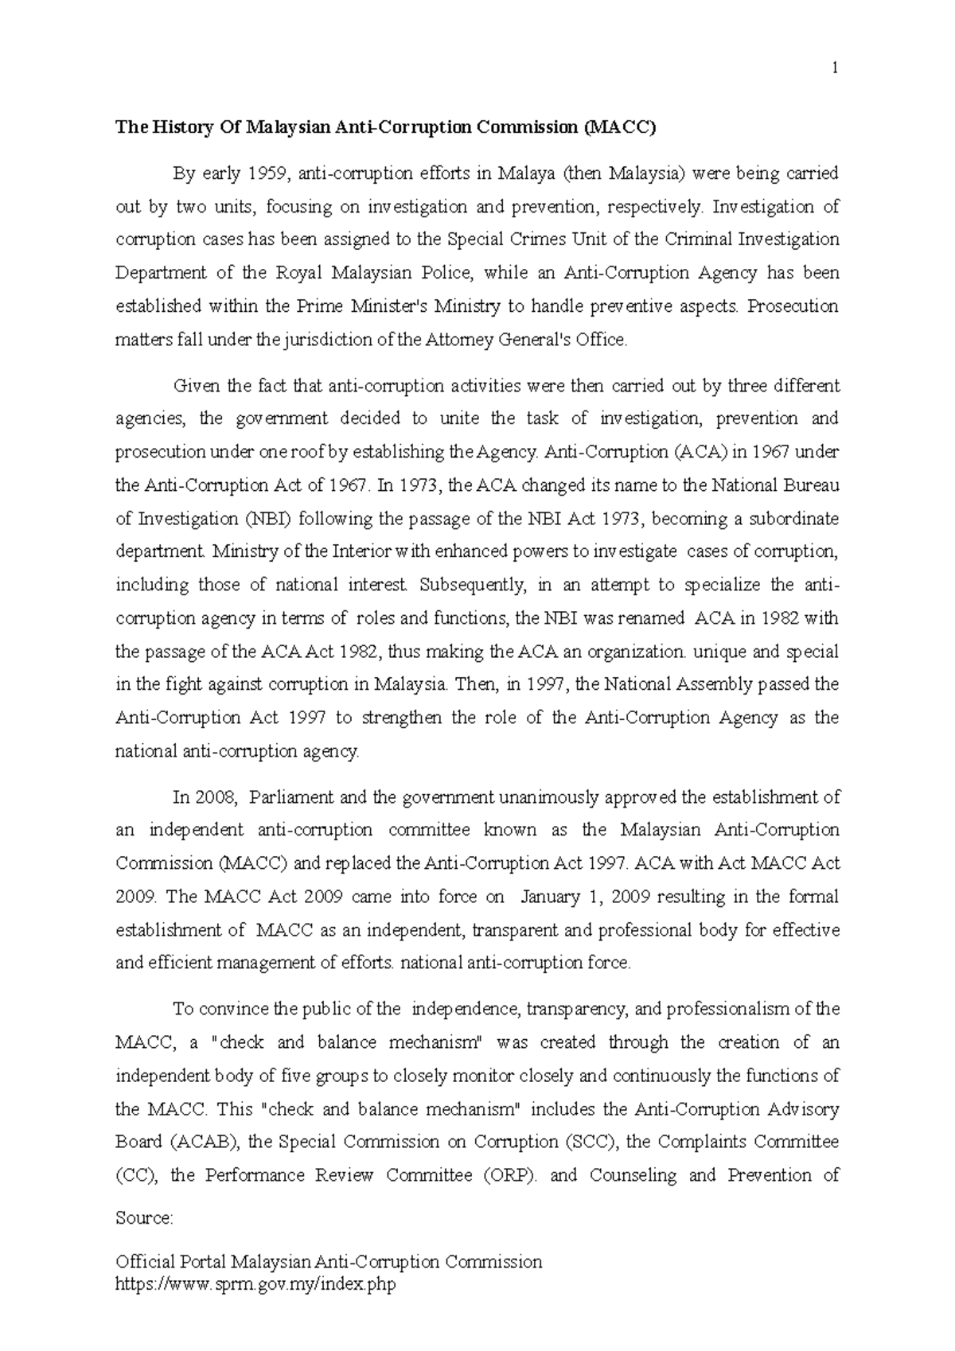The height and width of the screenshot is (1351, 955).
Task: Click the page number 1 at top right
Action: (x=834, y=68)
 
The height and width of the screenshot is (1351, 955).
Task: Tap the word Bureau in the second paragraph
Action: (x=812, y=485)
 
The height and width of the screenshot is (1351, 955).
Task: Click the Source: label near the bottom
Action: (x=144, y=1218)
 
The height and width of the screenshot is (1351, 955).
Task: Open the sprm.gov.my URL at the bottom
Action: (x=255, y=1284)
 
